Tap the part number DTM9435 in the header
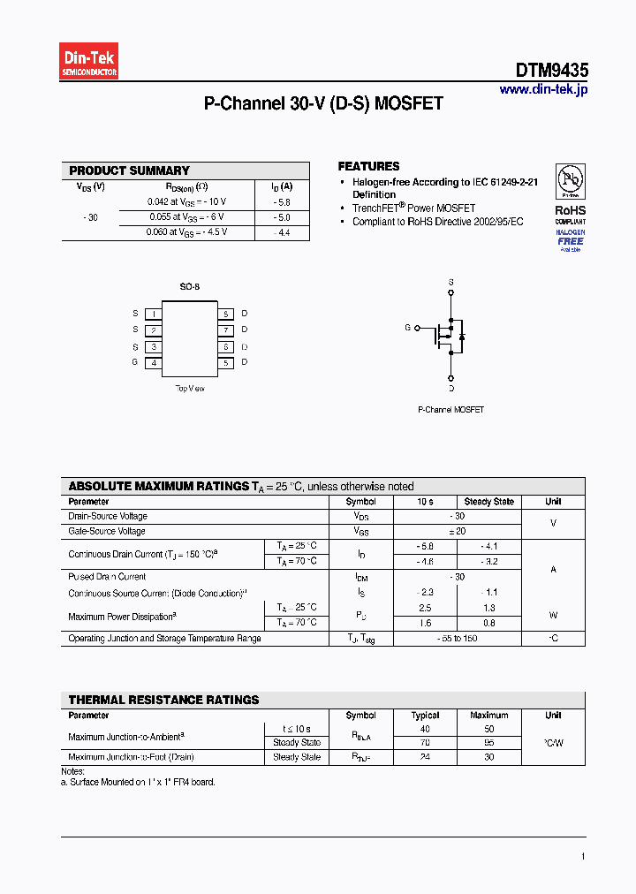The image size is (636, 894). pos(552,71)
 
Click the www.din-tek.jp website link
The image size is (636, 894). pos(542,89)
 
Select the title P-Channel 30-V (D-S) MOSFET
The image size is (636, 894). pos(323,104)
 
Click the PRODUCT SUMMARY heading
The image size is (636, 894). pos(129,170)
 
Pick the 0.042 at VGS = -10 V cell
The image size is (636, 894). pos(186,201)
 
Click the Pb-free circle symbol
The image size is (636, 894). pos(570,182)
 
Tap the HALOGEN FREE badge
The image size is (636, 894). pos(570,239)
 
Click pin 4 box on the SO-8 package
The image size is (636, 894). pos(154,362)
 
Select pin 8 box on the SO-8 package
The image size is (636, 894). pos(226,314)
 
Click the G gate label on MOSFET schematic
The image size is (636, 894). pos(407,328)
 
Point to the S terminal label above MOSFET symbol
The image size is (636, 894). pos(450,283)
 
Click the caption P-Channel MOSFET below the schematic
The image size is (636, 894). pos(450,410)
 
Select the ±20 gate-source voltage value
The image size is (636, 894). pos(457,531)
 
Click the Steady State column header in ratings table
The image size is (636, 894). pos(488,501)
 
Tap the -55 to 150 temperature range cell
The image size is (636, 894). pos(457,638)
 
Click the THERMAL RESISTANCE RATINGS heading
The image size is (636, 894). pos(163,700)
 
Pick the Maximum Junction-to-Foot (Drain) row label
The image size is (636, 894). pos(131,757)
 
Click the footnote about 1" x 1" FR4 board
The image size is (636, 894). pos(141,782)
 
